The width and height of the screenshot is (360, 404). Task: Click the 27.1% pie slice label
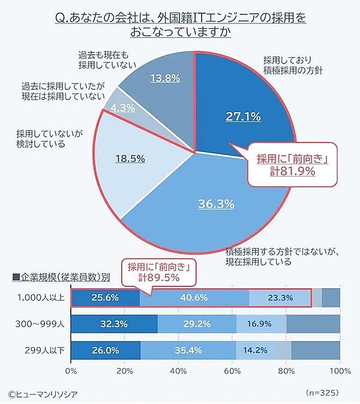pos(243,116)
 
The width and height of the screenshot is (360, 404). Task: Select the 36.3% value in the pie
pos(215,204)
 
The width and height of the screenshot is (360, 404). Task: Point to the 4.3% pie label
pos(123,108)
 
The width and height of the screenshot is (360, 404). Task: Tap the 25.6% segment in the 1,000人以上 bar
pos(106,297)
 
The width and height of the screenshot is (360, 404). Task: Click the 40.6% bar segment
pos(194,297)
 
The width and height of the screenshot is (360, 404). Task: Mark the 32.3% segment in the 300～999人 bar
pos(114,324)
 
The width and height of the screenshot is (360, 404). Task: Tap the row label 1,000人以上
pos(36,297)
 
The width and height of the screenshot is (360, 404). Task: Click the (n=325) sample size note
pos(323,392)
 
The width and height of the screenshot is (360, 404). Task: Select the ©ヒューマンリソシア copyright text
pos(43,393)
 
